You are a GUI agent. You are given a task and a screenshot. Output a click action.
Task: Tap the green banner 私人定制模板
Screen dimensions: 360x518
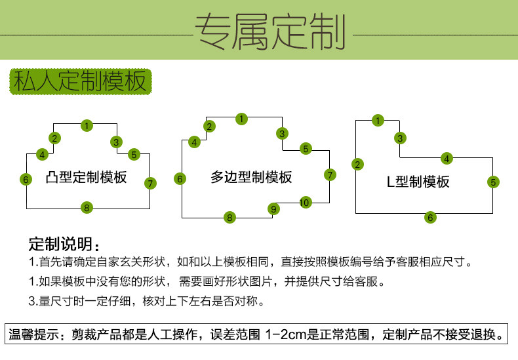point(79,83)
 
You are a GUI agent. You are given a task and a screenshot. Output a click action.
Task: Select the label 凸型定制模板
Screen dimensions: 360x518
point(87,178)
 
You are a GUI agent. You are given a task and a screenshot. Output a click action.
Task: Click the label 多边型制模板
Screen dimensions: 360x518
point(251,178)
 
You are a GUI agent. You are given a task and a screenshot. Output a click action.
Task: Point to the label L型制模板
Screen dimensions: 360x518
point(418,182)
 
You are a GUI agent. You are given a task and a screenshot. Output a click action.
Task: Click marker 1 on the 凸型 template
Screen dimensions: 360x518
point(87,125)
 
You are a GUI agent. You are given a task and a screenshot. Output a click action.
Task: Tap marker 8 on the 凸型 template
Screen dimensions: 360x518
point(86,208)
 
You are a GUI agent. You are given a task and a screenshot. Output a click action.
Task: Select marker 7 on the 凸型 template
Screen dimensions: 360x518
point(151,183)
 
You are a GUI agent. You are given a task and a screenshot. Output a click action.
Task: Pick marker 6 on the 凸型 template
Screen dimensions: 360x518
point(26,179)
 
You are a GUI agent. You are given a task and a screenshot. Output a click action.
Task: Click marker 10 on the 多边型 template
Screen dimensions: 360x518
point(304,203)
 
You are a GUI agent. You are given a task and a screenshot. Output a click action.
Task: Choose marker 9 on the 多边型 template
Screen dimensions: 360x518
point(274,209)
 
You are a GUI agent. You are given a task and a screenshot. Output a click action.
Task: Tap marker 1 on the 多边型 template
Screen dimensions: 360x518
point(242,119)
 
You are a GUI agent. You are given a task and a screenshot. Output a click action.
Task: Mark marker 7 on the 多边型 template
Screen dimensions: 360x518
point(330,174)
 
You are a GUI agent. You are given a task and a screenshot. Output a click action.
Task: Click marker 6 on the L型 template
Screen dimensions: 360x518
point(430,217)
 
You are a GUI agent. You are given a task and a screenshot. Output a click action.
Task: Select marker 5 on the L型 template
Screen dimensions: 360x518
point(493,182)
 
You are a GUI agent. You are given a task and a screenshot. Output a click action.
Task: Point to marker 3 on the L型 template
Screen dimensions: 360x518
point(399,138)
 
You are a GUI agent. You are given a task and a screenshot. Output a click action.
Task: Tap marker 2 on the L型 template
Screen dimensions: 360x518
point(357,165)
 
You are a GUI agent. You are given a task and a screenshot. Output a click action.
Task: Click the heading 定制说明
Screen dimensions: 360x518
point(62,245)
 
